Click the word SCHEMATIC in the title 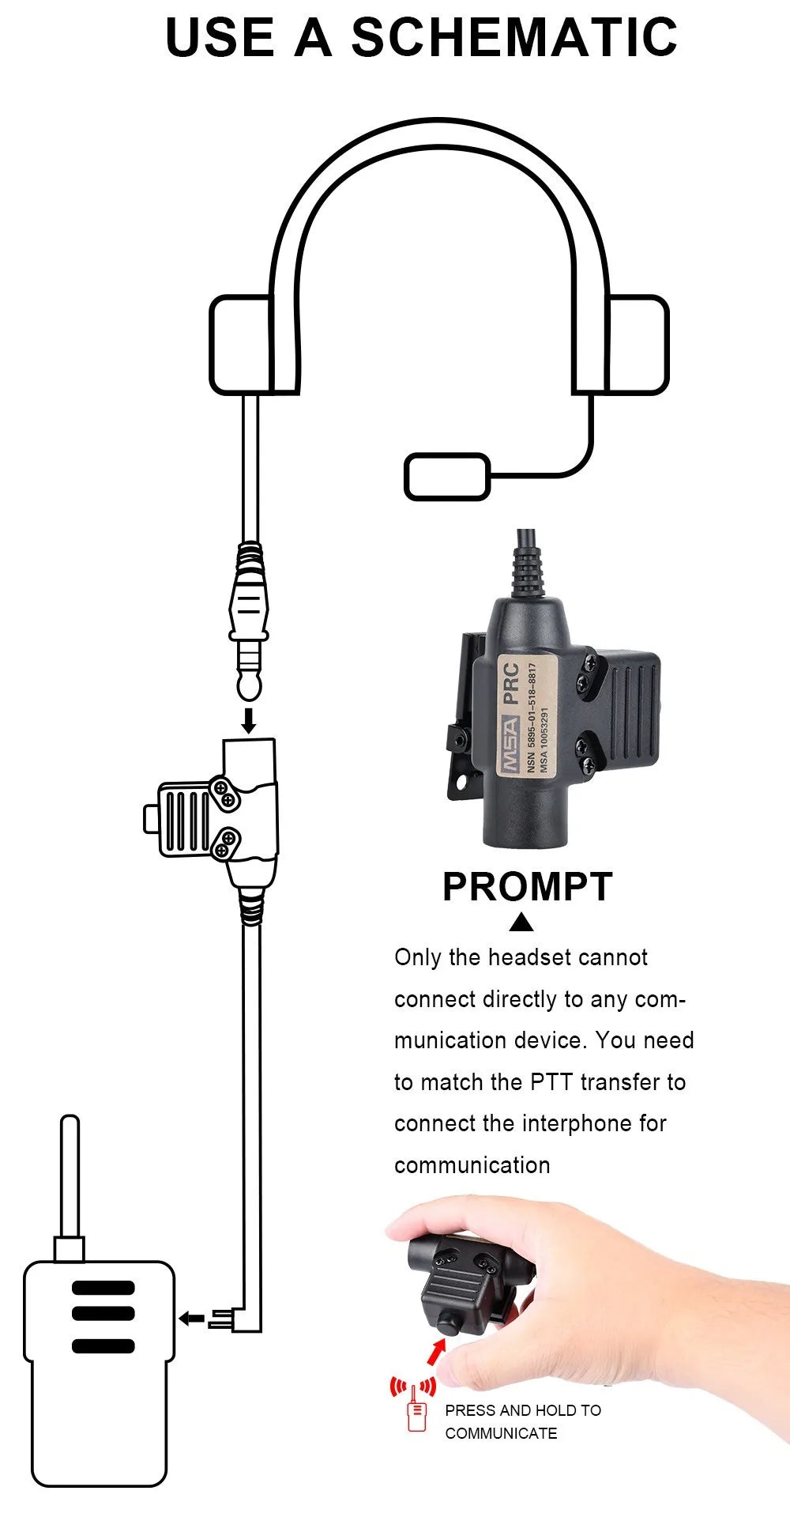tap(513, 37)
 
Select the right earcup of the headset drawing tap(638, 345)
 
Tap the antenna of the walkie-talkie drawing tap(70, 1178)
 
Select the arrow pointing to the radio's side tap(191, 1318)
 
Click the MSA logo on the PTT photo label tap(510, 745)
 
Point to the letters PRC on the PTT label tap(511, 683)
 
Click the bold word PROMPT tap(527, 887)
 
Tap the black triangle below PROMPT tap(521, 923)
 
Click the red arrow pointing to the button tap(435, 1352)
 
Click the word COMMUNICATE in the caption tap(501, 1433)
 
